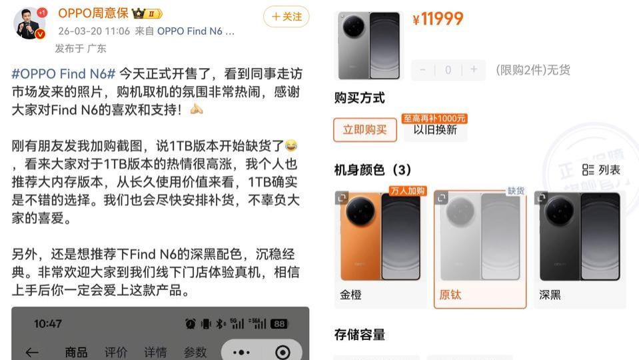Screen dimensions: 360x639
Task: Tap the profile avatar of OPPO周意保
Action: click(x=29, y=23)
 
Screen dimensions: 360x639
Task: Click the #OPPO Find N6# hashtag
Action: click(x=64, y=74)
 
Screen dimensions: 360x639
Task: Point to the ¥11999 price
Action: click(x=438, y=19)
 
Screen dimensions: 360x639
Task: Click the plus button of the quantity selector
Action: click(x=474, y=69)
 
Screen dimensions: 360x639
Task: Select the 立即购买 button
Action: click(x=364, y=129)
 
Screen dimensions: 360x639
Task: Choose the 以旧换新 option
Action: click(x=435, y=130)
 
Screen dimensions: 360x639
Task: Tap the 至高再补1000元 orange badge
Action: click(x=434, y=119)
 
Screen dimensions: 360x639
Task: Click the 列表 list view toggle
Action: click(x=602, y=170)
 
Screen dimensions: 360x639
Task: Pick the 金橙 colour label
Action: click(x=351, y=295)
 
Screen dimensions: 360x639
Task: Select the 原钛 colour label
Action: click(x=450, y=295)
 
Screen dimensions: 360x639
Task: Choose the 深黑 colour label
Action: click(x=550, y=295)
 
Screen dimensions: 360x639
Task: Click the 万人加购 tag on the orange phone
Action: click(x=407, y=191)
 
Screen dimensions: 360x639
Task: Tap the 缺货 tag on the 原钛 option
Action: click(x=516, y=191)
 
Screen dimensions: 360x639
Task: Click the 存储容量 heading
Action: click(x=360, y=335)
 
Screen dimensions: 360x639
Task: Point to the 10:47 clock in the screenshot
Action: click(x=47, y=324)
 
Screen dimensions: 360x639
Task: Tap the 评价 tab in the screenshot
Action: click(x=115, y=352)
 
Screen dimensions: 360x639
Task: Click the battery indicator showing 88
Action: click(x=279, y=324)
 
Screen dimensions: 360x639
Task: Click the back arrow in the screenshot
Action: click(x=32, y=352)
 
